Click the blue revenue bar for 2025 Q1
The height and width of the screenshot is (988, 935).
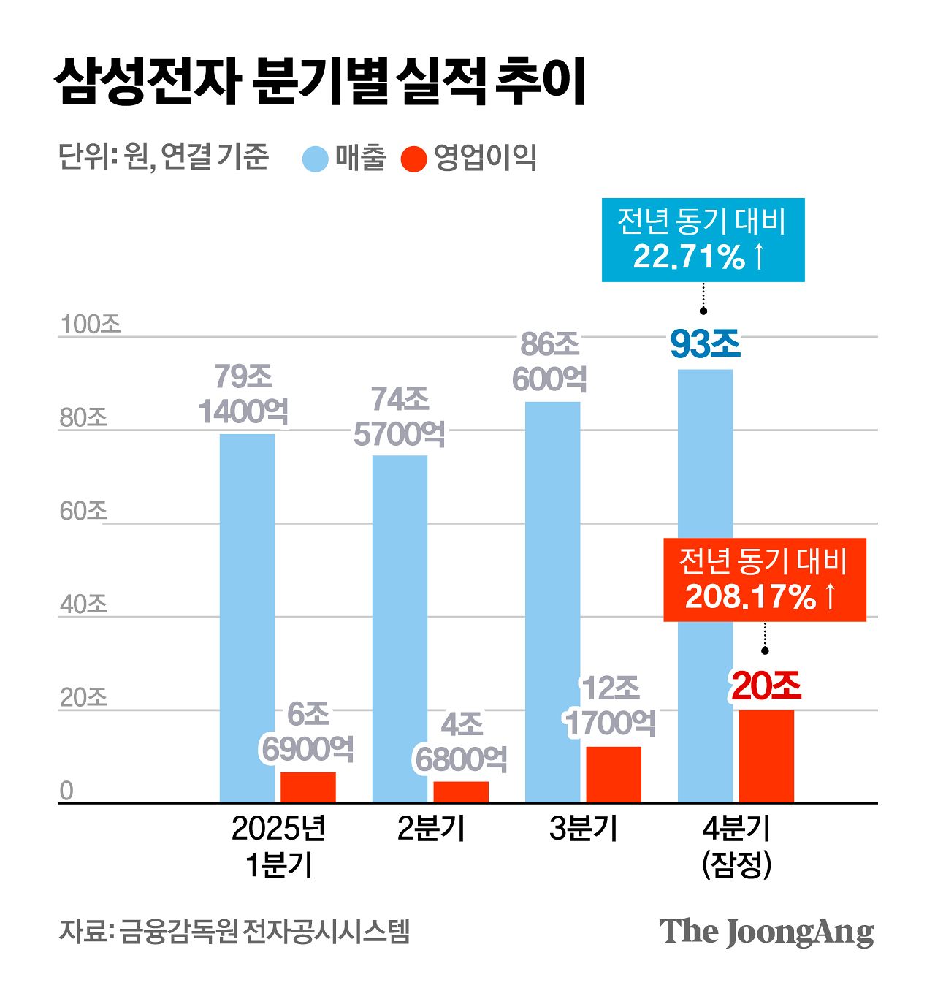tap(247, 617)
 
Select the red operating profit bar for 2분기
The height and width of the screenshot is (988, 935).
tap(461, 792)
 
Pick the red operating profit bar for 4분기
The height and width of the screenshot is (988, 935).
tap(766, 756)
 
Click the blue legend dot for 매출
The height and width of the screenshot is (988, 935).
tap(316, 159)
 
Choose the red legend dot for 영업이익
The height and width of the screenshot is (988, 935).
tap(414, 159)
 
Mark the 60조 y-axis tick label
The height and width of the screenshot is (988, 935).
tap(83, 511)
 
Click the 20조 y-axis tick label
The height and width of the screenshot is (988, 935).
tap(83, 698)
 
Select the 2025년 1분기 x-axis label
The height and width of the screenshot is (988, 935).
tap(278, 846)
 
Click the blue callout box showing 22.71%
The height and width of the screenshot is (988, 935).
tap(703, 240)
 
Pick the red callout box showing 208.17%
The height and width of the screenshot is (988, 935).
tap(764, 580)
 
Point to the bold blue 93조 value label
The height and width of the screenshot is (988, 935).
tap(705, 345)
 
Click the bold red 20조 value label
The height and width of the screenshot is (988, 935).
tap(766, 686)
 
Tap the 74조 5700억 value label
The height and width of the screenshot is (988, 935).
tap(400, 417)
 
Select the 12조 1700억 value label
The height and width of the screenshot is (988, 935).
tap(609, 706)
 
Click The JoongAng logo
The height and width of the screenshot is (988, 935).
tap(766, 932)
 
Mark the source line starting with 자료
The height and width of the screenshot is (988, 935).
tap(234, 931)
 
